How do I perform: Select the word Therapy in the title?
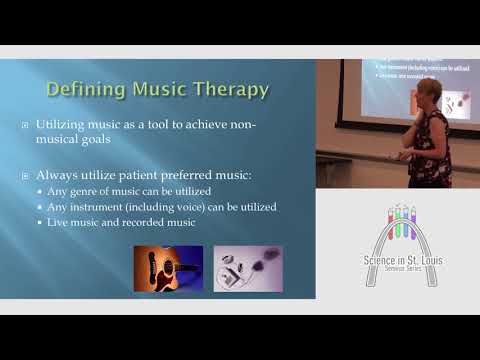(x=232, y=89)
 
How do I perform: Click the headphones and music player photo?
(x=247, y=268)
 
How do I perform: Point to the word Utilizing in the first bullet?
(x=67, y=125)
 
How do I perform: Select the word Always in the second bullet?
(x=62, y=175)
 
